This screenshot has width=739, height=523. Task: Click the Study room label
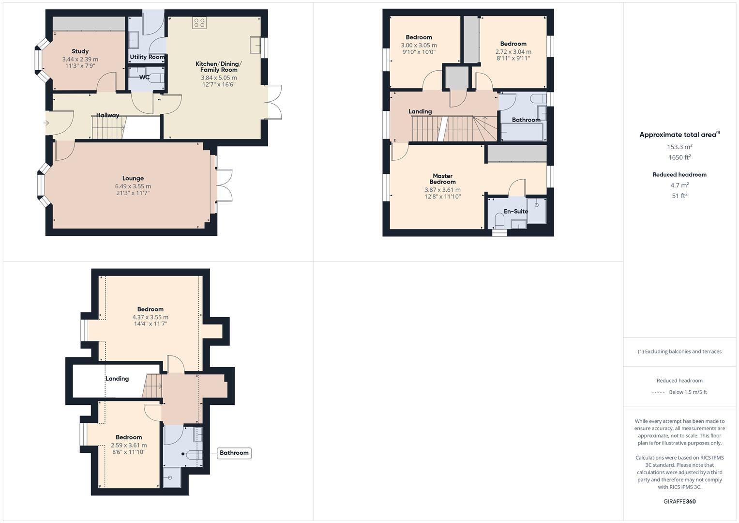80,51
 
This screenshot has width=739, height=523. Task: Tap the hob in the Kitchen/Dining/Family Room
199,23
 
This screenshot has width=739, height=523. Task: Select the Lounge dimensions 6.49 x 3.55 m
133,186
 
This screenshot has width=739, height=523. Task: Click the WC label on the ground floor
144,77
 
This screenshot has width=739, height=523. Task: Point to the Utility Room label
147,57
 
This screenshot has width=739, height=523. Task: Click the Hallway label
107,115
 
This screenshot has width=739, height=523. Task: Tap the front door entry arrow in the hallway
46,123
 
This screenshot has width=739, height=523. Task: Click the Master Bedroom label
442,179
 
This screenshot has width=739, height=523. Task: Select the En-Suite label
515,211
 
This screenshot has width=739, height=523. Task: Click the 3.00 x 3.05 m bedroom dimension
419,45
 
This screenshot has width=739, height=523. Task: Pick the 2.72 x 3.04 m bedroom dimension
513,51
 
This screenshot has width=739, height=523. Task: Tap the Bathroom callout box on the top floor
234,453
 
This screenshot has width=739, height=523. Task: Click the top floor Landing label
117,379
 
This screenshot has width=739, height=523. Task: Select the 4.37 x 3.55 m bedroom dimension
150,317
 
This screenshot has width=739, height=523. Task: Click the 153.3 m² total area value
679,147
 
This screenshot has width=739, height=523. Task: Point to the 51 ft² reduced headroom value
679,196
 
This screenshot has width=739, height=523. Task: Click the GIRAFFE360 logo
679,501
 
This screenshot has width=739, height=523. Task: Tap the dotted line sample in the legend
658,392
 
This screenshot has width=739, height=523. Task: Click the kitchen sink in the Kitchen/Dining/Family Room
255,45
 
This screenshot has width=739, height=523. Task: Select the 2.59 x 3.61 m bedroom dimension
129,445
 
